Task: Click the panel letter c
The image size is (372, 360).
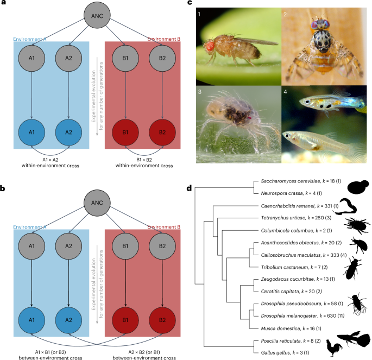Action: point(189,4)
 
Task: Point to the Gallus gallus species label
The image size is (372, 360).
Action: point(279,352)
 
